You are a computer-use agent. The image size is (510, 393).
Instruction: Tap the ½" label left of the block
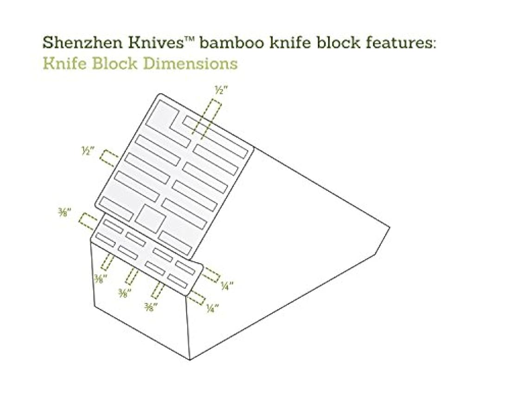pyautogui.click(x=88, y=151)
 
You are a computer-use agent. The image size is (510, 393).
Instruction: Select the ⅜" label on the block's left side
pyautogui.click(x=64, y=212)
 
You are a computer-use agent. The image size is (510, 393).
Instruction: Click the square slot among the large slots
pyautogui.click(x=150, y=218)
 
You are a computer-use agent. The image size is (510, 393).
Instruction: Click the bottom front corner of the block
pyautogui.click(x=190, y=360)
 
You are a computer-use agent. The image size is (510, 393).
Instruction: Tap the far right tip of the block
pyautogui.click(x=389, y=227)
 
